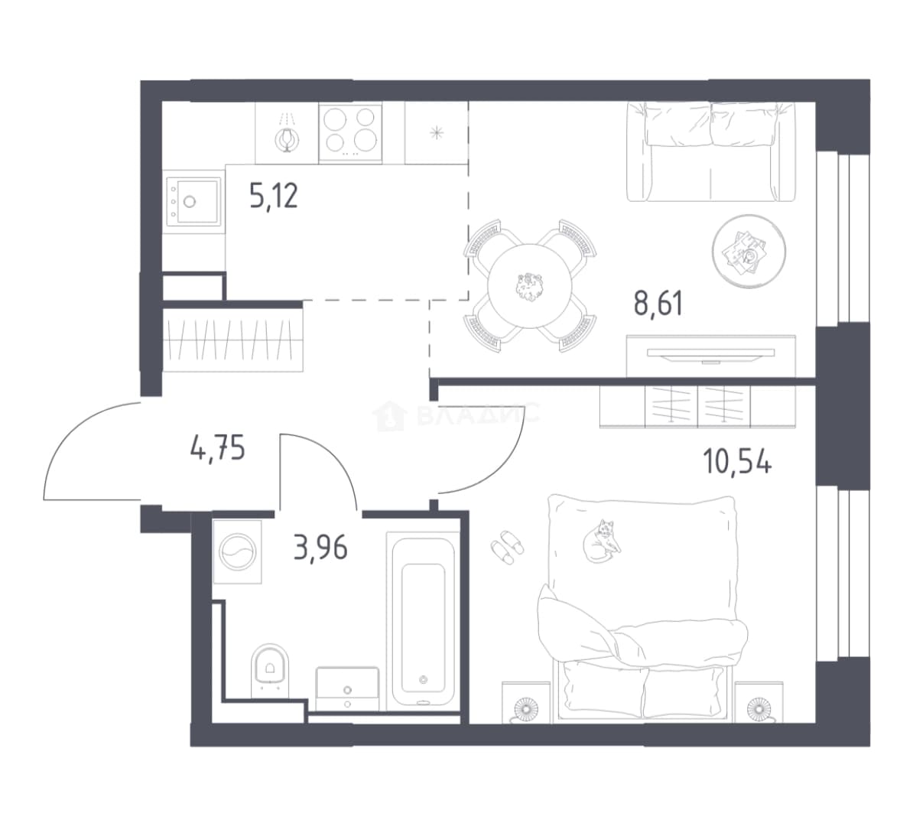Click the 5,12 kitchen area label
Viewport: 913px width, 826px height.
click(x=274, y=196)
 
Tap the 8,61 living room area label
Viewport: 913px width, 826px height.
click(x=658, y=304)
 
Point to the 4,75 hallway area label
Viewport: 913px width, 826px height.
click(x=218, y=448)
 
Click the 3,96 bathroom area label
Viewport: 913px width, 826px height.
click(x=321, y=548)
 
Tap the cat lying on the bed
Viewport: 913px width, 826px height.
click(x=602, y=541)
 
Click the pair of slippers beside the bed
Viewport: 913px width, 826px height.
click(x=506, y=546)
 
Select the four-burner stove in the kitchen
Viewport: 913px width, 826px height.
click(x=350, y=133)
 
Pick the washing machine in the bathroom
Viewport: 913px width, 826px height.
click(x=237, y=551)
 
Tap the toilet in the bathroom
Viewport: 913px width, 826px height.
click(x=270, y=670)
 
